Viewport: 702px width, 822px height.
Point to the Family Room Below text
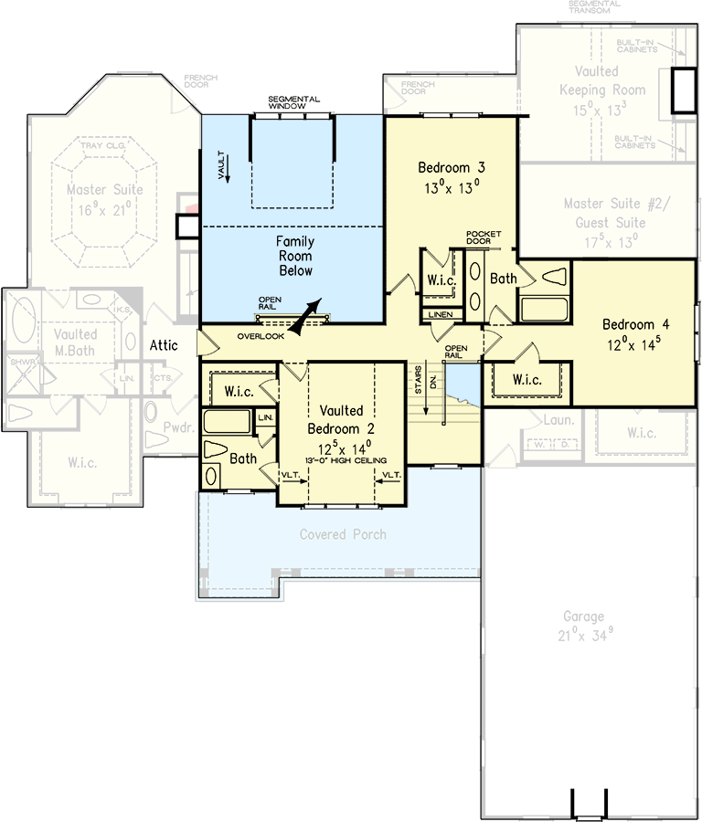point(295,256)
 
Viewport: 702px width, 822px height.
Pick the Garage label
point(583,616)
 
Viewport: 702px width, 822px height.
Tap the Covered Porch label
point(343,534)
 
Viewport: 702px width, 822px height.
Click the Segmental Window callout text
point(293,101)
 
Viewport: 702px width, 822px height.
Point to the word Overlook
point(261,336)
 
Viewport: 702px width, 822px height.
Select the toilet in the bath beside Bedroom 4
point(554,276)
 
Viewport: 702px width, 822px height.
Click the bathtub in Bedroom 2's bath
point(226,421)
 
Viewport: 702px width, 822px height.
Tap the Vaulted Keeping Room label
point(596,80)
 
